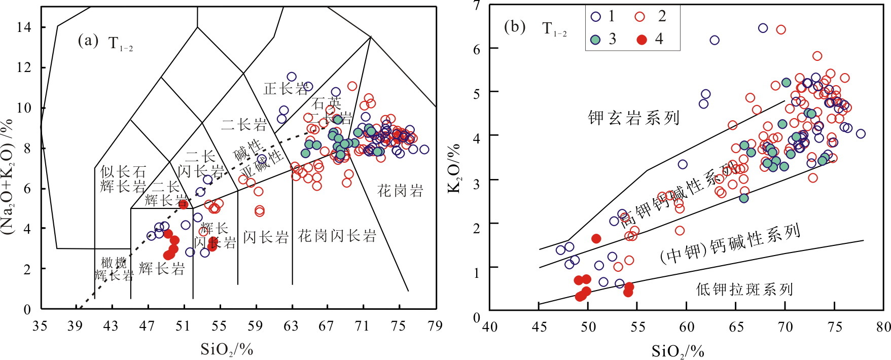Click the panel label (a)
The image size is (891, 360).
tap(87, 41)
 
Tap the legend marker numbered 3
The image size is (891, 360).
tap(596, 40)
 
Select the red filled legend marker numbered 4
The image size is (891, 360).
tap(642, 40)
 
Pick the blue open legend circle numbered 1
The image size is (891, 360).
tap(596, 17)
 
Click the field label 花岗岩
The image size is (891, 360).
tap(400, 191)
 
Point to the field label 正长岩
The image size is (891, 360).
tap(286, 89)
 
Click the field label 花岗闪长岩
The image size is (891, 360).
tap(337, 236)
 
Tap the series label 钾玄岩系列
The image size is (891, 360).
tap(633, 118)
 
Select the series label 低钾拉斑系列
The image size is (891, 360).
tap(744, 290)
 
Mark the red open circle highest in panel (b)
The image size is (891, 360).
tap(781, 29)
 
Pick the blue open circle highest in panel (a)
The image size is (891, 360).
tap(292, 77)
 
